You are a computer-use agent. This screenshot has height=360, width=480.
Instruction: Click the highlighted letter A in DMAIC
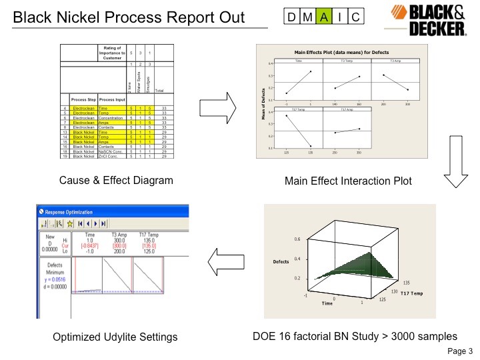[323, 17]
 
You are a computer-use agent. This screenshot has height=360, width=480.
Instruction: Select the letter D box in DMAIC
[292, 17]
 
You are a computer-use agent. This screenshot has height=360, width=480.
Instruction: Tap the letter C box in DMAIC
[356, 17]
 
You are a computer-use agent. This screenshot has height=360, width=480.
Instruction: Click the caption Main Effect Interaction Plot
[348, 181]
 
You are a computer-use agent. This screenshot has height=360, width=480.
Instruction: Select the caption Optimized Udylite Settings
[115, 337]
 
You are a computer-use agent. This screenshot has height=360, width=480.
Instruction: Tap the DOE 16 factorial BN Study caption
[354, 337]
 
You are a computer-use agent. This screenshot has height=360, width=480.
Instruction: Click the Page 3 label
[459, 351]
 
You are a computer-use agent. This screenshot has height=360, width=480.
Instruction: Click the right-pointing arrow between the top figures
[218, 105]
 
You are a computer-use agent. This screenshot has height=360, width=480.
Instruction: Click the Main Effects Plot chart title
[341, 52]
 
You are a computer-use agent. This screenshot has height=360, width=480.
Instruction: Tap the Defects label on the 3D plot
[281, 262]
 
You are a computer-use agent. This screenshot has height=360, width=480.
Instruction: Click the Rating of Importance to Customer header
[111, 53]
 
